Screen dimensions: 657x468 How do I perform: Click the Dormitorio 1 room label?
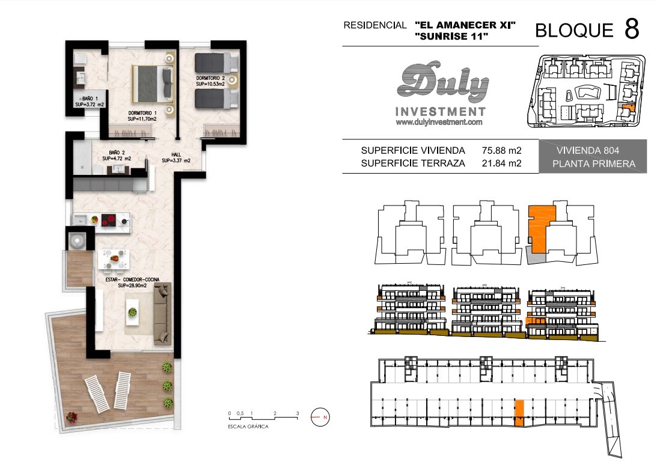click(x=142, y=116)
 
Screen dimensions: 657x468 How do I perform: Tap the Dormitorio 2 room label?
click(x=210, y=81)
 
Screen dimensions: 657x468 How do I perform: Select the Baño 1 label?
click(x=90, y=102)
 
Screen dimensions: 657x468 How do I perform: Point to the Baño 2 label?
click(x=117, y=156)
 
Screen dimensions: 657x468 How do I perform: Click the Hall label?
click(x=176, y=157)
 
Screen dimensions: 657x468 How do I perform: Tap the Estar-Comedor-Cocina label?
click(x=132, y=282)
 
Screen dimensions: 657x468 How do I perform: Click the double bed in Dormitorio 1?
click(x=153, y=84)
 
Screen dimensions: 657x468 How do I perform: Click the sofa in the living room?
click(x=163, y=314)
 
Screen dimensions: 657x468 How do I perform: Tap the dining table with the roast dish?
click(x=114, y=259)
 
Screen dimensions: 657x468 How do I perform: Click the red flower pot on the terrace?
click(x=72, y=417)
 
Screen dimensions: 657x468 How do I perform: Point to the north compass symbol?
click(x=320, y=417)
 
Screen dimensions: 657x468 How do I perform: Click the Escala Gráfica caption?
click(x=248, y=427)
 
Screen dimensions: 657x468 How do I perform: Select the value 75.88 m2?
click(x=501, y=150)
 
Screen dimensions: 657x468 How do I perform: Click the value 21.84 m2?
click(x=501, y=163)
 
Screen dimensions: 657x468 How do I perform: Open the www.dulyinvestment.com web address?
click(x=439, y=122)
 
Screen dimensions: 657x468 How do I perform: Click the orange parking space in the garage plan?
click(x=519, y=413)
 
